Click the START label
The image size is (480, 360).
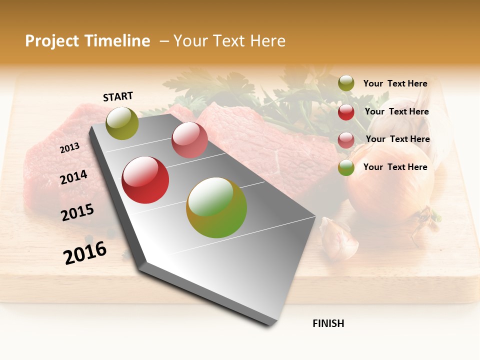(x=118, y=96)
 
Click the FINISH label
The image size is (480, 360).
(x=328, y=323)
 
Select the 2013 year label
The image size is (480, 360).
(x=69, y=148)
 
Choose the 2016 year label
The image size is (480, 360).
(x=85, y=253)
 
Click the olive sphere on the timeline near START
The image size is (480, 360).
(x=122, y=123)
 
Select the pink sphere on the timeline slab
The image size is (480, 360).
(x=189, y=140)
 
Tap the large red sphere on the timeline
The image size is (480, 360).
(x=145, y=180)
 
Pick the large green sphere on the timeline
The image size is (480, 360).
(x=216, y=207)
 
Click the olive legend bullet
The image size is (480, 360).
(x=346, y=83)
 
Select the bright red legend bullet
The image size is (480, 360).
(x=346, y=112)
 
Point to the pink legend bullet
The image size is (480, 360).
(x=346, y=140)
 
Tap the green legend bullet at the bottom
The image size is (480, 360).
(x=346, y=168)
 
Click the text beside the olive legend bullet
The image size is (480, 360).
(x=395, y=84)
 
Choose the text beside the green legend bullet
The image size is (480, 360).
(x=395, y=167)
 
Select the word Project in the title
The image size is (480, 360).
(x=52, y=41)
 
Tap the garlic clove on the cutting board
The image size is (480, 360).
(x=339, y=238)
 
